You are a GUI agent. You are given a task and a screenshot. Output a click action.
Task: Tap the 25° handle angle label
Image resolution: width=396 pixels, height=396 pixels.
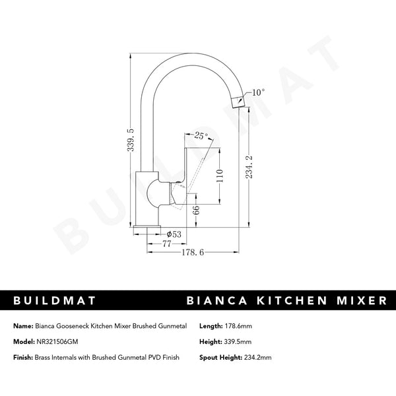201,135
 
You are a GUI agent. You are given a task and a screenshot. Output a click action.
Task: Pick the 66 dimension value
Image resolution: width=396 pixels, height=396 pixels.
195,211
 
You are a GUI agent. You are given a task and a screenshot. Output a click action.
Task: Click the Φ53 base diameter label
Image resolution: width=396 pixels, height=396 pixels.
175,234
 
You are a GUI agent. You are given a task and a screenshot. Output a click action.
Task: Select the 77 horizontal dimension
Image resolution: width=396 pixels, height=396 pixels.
158,244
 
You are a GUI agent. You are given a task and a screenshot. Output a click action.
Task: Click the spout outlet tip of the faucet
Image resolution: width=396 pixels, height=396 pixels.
239,101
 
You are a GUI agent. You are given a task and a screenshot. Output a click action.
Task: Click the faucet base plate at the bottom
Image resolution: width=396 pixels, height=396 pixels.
147,228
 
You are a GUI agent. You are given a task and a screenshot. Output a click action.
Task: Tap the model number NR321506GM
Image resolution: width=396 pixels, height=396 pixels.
62,343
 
